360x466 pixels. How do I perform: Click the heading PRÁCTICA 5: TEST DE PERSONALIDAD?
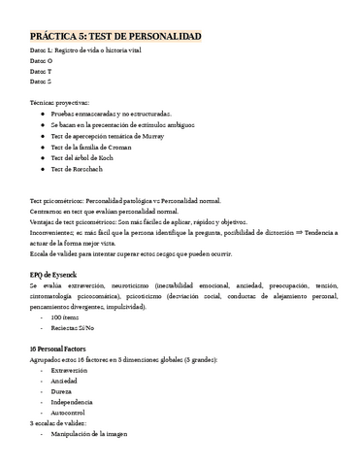(x=115, y=36)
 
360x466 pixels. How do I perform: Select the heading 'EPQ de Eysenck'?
(x=57, y=274)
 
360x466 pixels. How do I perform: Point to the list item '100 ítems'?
(x=66, y=317)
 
